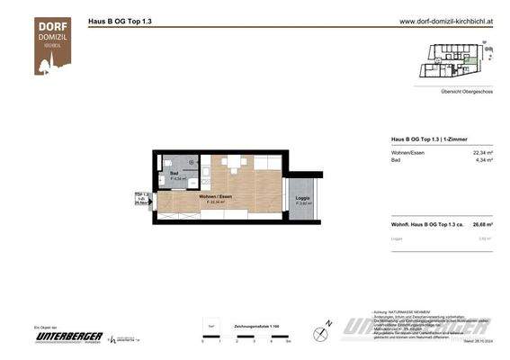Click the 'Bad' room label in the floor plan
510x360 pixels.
point(176,174)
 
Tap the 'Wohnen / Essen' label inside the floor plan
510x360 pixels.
point(212,197)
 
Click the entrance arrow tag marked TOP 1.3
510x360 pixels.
point(141,199)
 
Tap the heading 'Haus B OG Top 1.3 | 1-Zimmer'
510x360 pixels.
point(429,139)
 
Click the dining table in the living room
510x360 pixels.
point(236,164)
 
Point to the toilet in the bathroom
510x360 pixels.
point(170,161)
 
